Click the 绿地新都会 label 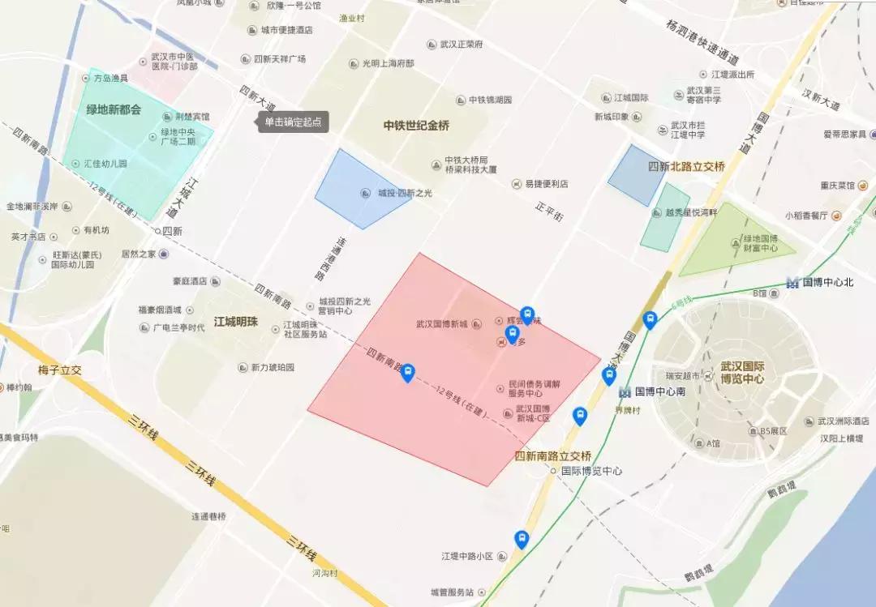click(x=114, y=109)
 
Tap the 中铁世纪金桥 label click(x=416, y=126)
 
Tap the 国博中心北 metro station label click(x=827, y=282)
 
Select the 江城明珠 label click(x=235, y=321)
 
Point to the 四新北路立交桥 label click(x=686, y=166)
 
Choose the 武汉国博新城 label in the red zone click(x=442, y=324)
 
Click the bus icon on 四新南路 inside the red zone click(x=407, y=373)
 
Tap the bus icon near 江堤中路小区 click(x=522, y=540)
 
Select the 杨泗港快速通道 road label click(x=701, y=44)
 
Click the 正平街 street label click(x=549, y=212)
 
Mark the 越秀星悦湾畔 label click(x=691, y=213)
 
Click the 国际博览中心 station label click(x=591, y=470)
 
